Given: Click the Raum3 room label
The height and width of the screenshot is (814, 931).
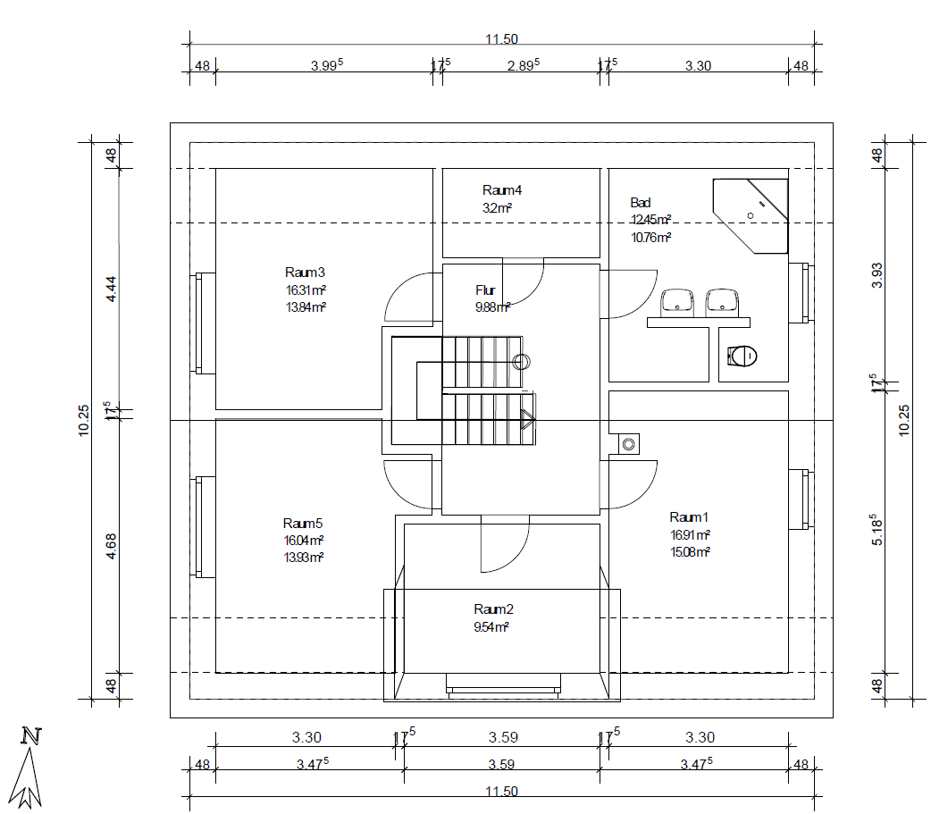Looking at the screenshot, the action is pos(305,273).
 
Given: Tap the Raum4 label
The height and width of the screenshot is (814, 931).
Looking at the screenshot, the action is pos(502,190).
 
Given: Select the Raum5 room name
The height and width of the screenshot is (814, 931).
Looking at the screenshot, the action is pos(303,524).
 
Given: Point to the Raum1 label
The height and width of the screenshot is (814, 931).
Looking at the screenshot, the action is pos(689,517).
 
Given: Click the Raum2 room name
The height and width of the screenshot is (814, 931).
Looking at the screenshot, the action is pos(493,609).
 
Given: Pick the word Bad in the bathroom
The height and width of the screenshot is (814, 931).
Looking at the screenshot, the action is pos(640,203).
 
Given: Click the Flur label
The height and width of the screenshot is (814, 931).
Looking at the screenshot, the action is pos(485,290).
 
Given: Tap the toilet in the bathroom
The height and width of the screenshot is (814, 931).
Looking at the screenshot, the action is pos(742,357).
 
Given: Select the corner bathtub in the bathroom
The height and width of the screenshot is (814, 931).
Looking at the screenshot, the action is pos(751,216).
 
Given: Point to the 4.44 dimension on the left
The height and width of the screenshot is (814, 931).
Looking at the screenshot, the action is pos(112,290).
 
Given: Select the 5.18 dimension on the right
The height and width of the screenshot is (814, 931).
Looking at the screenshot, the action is pos(876,530).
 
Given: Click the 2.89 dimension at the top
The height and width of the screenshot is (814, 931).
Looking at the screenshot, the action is pos(523,64).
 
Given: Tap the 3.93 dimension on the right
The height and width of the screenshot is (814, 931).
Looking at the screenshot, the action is pos(877,275).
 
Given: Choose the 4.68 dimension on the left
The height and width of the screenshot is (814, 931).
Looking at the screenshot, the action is pos(112,546).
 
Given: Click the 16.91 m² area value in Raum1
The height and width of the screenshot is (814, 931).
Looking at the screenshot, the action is pos(691,535).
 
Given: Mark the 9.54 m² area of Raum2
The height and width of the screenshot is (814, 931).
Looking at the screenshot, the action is pos(491,627).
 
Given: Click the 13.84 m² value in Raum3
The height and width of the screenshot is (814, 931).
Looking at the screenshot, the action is pos(306,307).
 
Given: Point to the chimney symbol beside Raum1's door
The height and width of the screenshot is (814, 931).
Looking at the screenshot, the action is pos(629,444).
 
